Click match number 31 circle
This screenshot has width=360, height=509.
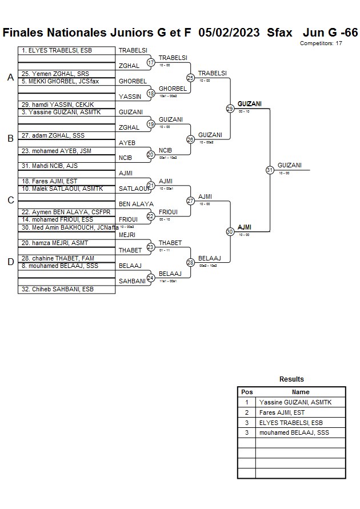coord(270,170)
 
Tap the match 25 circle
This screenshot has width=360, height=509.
coord(190,78)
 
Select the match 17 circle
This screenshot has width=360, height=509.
coord(151,62)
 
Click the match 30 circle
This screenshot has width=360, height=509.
coord(230,231)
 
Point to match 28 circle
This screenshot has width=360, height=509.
coord(190,262)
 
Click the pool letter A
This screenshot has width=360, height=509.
coord(10,78)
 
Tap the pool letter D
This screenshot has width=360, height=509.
coord(10,262)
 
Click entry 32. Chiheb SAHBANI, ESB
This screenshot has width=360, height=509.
coord(57,289)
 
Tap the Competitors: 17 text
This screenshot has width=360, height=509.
coord(321,43)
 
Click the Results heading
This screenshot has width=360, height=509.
coord(291,379)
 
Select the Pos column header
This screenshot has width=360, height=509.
coord(247,392)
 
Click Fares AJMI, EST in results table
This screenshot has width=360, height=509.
coord(282,412)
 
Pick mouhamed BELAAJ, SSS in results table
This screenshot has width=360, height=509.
coord(294,433)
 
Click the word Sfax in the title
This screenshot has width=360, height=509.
coord(280,32)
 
